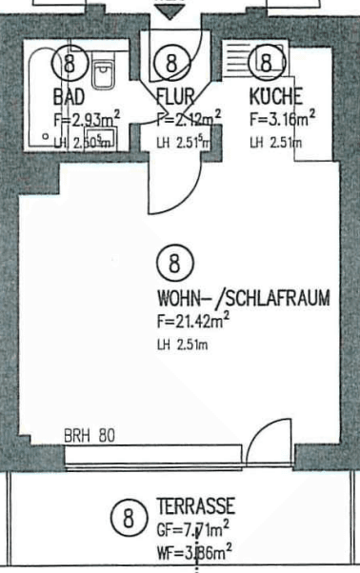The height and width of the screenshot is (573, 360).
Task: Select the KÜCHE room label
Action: click(275, 96)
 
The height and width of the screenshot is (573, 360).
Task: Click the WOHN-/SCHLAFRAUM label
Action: click(245, 298)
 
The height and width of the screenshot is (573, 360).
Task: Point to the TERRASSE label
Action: click(195, 505)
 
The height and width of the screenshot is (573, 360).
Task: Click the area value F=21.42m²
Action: click(194, 321)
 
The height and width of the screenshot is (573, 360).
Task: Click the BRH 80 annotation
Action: click(89, 437)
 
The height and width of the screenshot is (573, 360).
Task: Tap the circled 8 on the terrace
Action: click(125, 520)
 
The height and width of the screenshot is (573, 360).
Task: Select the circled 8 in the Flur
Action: click(171, 64)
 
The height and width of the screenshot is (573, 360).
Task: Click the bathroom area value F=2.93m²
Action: click(87, 120)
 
